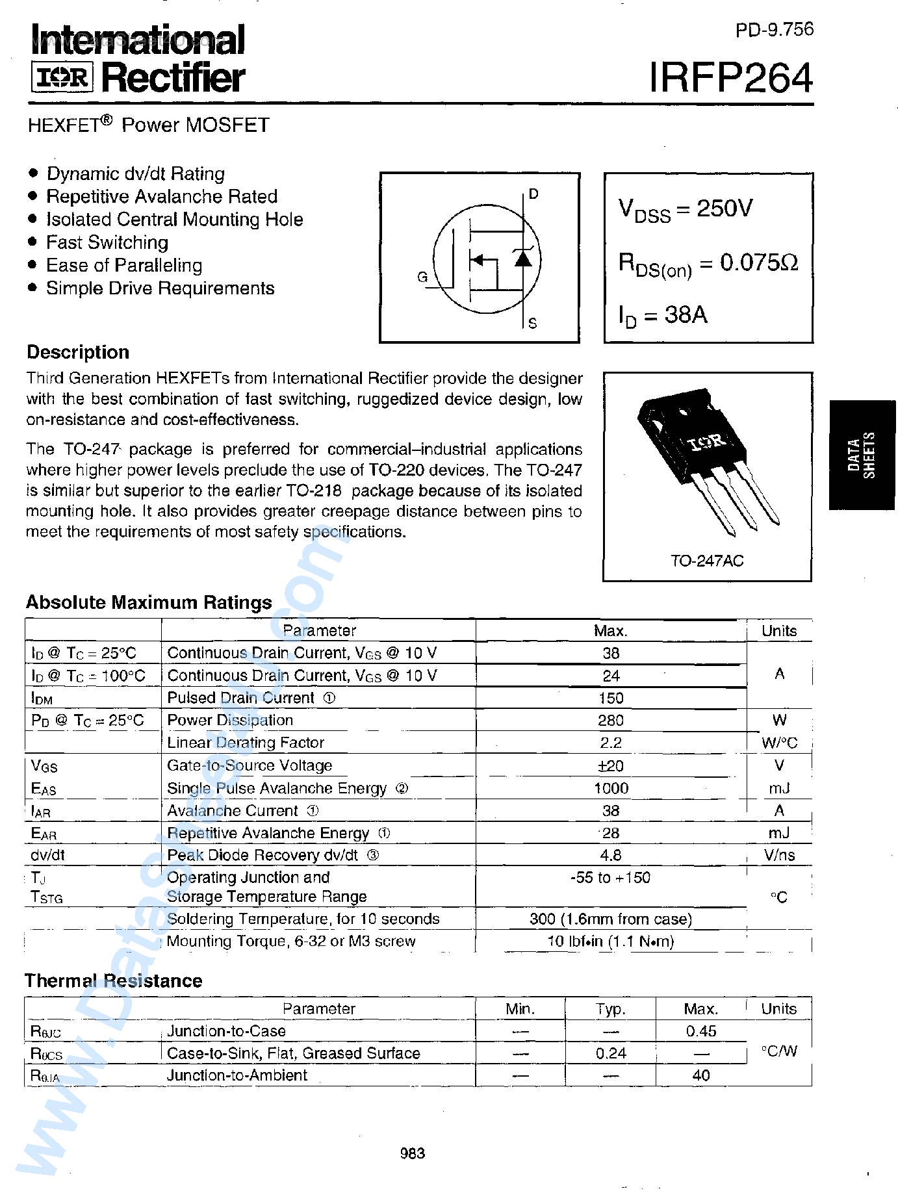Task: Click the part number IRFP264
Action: tap(731, 79)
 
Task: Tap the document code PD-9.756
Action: tap(774, 30)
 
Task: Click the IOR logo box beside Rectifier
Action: tap(62, 78)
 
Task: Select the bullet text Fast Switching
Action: tap(107, 242)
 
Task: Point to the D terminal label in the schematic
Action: tap(533, 194)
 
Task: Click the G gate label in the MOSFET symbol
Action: tap(422, 277)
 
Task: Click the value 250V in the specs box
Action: tap(725, 208)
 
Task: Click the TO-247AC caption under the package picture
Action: tap(707, 561)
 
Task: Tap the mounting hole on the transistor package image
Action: tap(682, 411)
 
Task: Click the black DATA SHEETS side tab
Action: tap(862, 455)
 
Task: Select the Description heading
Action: tap(78, 352)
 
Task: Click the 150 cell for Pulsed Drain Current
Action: tap(611, 698)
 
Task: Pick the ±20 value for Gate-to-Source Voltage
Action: tap(611, 766)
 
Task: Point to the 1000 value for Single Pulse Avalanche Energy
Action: tap(611, 788)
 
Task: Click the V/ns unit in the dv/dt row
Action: tap(779, 855)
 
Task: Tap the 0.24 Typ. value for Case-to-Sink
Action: tap(611, 1053)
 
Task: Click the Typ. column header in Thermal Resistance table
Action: tap(611, 1009)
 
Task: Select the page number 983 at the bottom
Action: tap(413, 1153)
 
